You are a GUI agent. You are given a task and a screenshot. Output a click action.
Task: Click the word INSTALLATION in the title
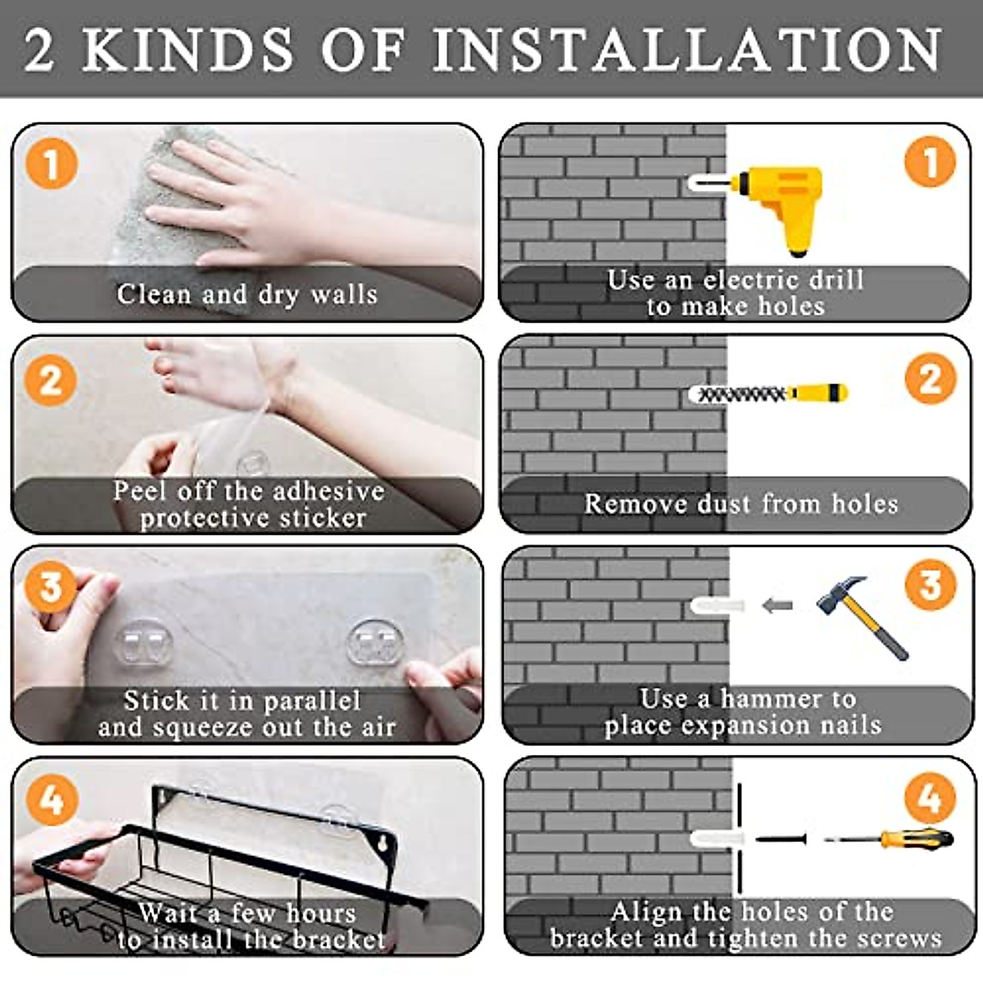pyautogui.click(x=686, y=49)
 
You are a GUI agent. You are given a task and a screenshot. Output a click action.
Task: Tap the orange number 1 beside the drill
pyautogui.click(x=930, y=162)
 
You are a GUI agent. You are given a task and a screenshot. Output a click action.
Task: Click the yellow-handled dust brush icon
pyautogui.click(x=768, y=393)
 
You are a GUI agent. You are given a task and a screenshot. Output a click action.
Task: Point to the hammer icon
pyautogui.click(x=862, y=618)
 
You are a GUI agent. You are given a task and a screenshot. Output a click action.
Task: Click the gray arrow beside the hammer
pyautogui.click(x=777, y=605)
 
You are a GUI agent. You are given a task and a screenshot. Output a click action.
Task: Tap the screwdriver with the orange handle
pyautogui.click(x=890, y=839)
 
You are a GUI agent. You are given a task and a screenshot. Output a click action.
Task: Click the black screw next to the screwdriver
pyautogui.click(x=781, y=839)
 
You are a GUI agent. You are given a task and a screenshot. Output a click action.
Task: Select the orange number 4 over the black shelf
pyautogui.click(x=52, y=800)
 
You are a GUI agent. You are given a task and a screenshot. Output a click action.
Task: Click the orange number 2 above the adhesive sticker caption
pyautogui.click(x=51, y=380)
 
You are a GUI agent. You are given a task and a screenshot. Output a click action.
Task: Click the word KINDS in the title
pyautogui.click(x=188, y=49)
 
